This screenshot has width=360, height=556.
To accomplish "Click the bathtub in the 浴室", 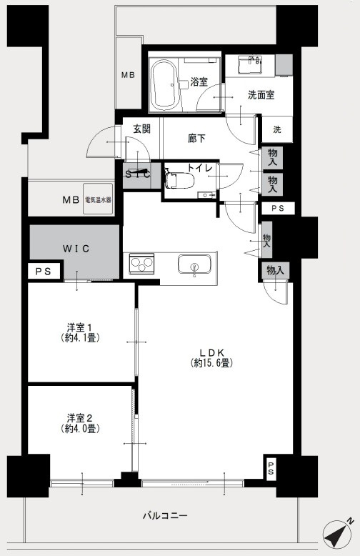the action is click(x=164, y=85).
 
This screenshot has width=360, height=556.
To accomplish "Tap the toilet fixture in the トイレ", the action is click(x=180, y=179).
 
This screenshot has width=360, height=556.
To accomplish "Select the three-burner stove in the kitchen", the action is click(x=141, y=264).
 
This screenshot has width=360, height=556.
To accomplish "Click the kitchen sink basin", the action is click(x=194, y=264).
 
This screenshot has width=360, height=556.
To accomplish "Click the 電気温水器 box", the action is click(x=98, y=199).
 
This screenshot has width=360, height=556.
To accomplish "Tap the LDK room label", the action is click(x=212, y=353).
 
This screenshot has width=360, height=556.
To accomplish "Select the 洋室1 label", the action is click(x=79, y=326).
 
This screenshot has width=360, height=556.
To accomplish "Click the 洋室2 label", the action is click(x=79, y=417).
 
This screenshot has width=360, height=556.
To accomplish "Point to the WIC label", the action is click(x=76, y=249).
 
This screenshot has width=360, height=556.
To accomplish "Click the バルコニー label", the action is click(x=165, y=515).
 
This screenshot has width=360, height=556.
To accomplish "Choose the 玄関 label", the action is click(x=141, y=129).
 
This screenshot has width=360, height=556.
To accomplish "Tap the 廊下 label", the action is click(x=196, y=139).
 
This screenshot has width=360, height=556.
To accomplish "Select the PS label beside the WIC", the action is click(x=44, y=272).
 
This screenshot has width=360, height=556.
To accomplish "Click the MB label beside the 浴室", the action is click(x=128, y=75).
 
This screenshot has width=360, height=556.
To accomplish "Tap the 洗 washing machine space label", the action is click(x=277, y=129).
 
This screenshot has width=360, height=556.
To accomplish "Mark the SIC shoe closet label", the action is click(x=138, y=174).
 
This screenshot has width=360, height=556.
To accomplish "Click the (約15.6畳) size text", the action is click(x=212, y=363).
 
